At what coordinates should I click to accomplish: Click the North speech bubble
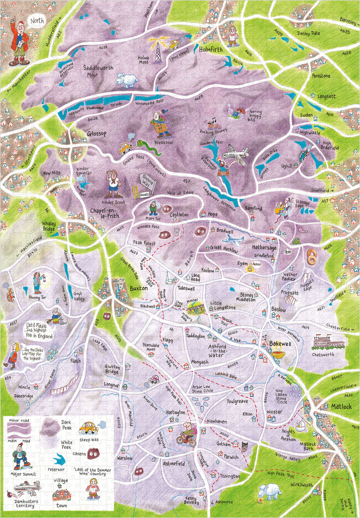click(37, 20)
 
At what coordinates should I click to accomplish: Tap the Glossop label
click(96, 134)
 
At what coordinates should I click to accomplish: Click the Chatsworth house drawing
click(328, 343)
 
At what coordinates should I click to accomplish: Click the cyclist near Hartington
click(186, 434)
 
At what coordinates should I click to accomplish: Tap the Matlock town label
click(341, 407)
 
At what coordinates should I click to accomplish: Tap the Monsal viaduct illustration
click(197, 308)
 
